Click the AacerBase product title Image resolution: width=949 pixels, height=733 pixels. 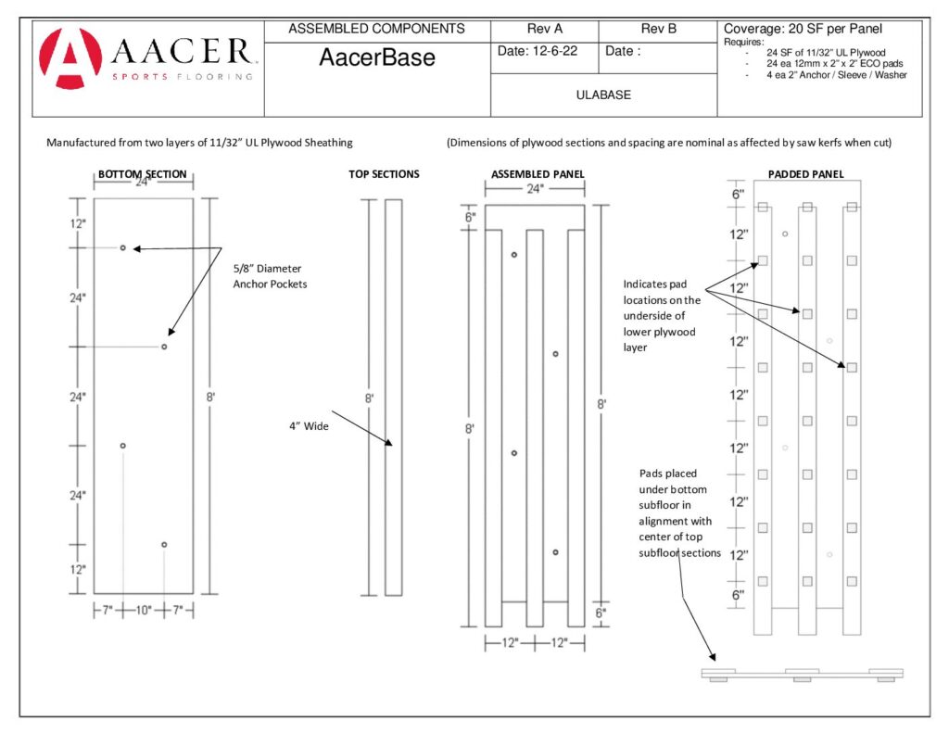pos(377,58)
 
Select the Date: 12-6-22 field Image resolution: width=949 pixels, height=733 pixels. pos(538,52)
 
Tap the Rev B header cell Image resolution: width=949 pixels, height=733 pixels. pos(659,30)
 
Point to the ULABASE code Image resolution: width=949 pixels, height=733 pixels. pos(603,95)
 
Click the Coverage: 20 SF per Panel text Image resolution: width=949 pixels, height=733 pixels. pos(803,30)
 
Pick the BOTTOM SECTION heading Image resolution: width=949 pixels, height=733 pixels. pos(143,174)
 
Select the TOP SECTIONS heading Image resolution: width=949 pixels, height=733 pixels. pos(384,174)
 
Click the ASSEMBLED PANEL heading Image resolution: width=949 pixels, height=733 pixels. pos(538,174)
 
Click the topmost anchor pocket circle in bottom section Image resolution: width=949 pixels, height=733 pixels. pos(123,248)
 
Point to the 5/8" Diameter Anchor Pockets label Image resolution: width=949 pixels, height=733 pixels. pos(270,276)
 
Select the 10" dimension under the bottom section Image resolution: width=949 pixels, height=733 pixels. pos(144,611)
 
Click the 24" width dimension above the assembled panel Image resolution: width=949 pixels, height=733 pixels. pos(535,190)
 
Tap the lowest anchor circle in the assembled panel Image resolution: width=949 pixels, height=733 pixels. pos(555,552)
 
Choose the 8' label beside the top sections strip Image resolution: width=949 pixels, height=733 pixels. pos(369,398)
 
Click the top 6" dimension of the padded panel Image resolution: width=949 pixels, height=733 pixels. pos(738,195)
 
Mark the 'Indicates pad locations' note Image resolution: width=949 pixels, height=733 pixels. pos(661,315)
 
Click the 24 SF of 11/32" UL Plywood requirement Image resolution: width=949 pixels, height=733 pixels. pos(826,53)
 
